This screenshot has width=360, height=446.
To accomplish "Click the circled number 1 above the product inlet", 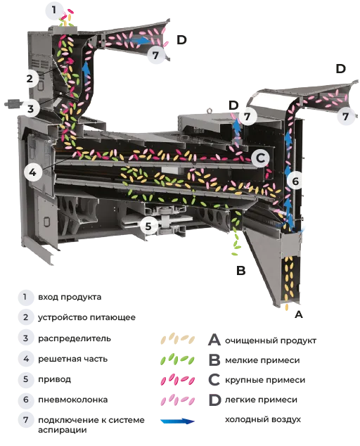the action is click(54, 11).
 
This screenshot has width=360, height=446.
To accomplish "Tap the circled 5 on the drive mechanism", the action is click(148, 226).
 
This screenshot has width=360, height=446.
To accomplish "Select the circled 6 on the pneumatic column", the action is click(295, 181).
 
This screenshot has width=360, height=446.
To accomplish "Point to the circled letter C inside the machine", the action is click(260, 158).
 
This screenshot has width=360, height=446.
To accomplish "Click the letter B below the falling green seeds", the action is click(241, 270).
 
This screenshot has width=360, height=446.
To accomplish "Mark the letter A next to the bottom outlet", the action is click(299, 314).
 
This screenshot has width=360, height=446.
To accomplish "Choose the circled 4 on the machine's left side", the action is click(33, 172).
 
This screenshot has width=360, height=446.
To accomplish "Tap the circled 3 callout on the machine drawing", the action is click(31, 108).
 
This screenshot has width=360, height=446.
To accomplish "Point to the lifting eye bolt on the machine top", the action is click(210, 110).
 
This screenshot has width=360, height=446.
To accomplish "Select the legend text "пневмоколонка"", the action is click(73, 400).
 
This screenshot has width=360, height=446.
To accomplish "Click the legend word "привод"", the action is click(55, 379).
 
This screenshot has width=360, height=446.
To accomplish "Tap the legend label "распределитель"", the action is click(75, 338).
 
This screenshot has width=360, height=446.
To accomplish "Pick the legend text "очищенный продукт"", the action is click(271, 340).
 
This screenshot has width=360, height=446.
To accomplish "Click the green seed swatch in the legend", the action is click(177, 359).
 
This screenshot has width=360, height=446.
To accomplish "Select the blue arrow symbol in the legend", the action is click(178, 421).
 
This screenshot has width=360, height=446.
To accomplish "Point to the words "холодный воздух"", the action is click(263, 419).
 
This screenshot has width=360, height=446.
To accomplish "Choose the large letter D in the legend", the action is click(214, 400).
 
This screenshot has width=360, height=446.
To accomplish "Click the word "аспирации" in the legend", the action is click(63, 430).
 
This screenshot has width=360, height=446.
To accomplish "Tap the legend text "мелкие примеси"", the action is click(262, 360).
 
